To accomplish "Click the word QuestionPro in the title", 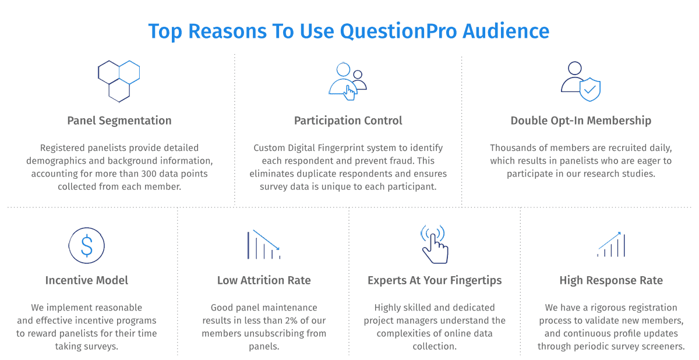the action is point(398,32).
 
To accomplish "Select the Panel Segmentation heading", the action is point(119,121).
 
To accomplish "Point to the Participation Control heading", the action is point(348,121).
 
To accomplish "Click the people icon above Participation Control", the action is point(348,81).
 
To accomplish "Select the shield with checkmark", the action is point(589,90).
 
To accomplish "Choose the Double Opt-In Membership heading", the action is point(581,121).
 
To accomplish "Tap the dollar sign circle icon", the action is point(86,245).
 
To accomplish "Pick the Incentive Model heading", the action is point(86,280).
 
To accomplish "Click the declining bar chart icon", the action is point(264,245).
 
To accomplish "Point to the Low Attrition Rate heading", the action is point(264,280).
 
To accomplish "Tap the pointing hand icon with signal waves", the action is point(435,244).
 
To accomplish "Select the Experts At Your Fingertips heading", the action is point(435,280).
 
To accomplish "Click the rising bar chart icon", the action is point(611,244).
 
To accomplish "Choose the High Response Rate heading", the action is point(611,280).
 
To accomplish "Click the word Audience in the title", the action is point(506,31).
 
